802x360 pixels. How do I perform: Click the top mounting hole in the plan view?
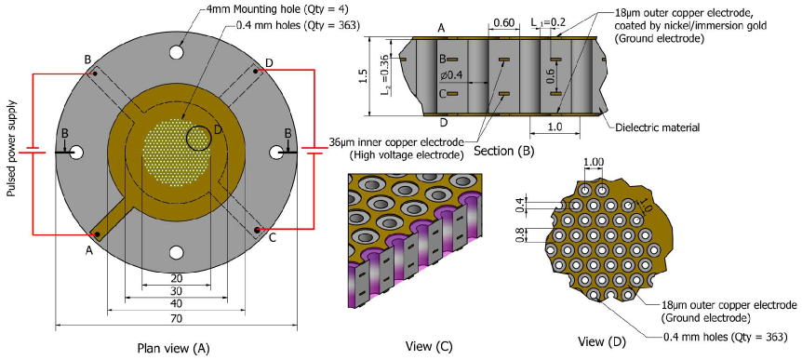[x=177, y=52]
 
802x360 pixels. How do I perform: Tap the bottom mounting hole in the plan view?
[x=177, y=252]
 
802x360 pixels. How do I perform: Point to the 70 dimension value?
[x=176, y=318]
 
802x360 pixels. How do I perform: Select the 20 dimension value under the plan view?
[x=176, y=278]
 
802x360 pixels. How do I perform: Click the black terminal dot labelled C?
[x=257, y=229]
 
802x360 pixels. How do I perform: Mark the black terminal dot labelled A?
[x=96, y=234]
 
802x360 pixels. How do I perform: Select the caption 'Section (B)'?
[x=503, y=151]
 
